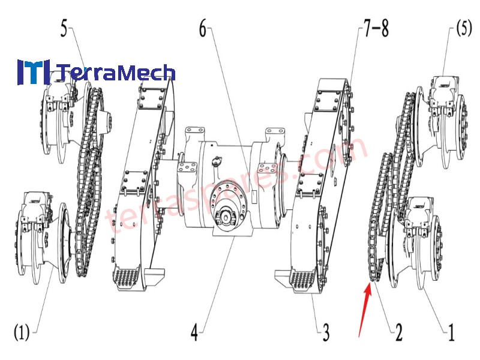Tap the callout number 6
pos(203,29)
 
